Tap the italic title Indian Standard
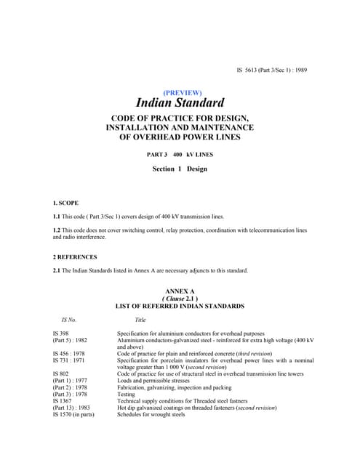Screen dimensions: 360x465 point(180,105)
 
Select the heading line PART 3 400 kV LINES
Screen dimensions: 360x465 point(180,154)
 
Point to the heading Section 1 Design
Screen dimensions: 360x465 point(180,169)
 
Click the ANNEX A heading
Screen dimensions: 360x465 point(180,291)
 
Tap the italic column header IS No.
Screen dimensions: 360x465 point(69,320)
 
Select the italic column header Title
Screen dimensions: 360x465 point(140,320)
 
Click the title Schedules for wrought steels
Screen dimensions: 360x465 point(151,415)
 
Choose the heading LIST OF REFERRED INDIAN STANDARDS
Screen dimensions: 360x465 point(180,306)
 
